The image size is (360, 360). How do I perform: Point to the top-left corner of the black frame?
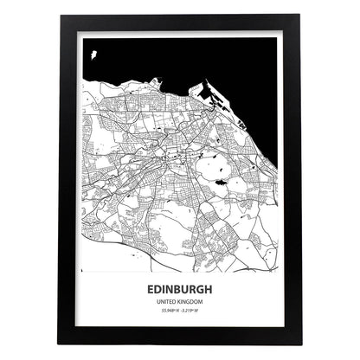(58, 16)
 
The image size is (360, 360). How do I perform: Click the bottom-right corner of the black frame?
(301, 344)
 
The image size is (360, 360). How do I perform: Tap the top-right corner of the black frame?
(301, 16)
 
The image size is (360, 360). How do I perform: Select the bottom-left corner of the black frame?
(58, 344)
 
